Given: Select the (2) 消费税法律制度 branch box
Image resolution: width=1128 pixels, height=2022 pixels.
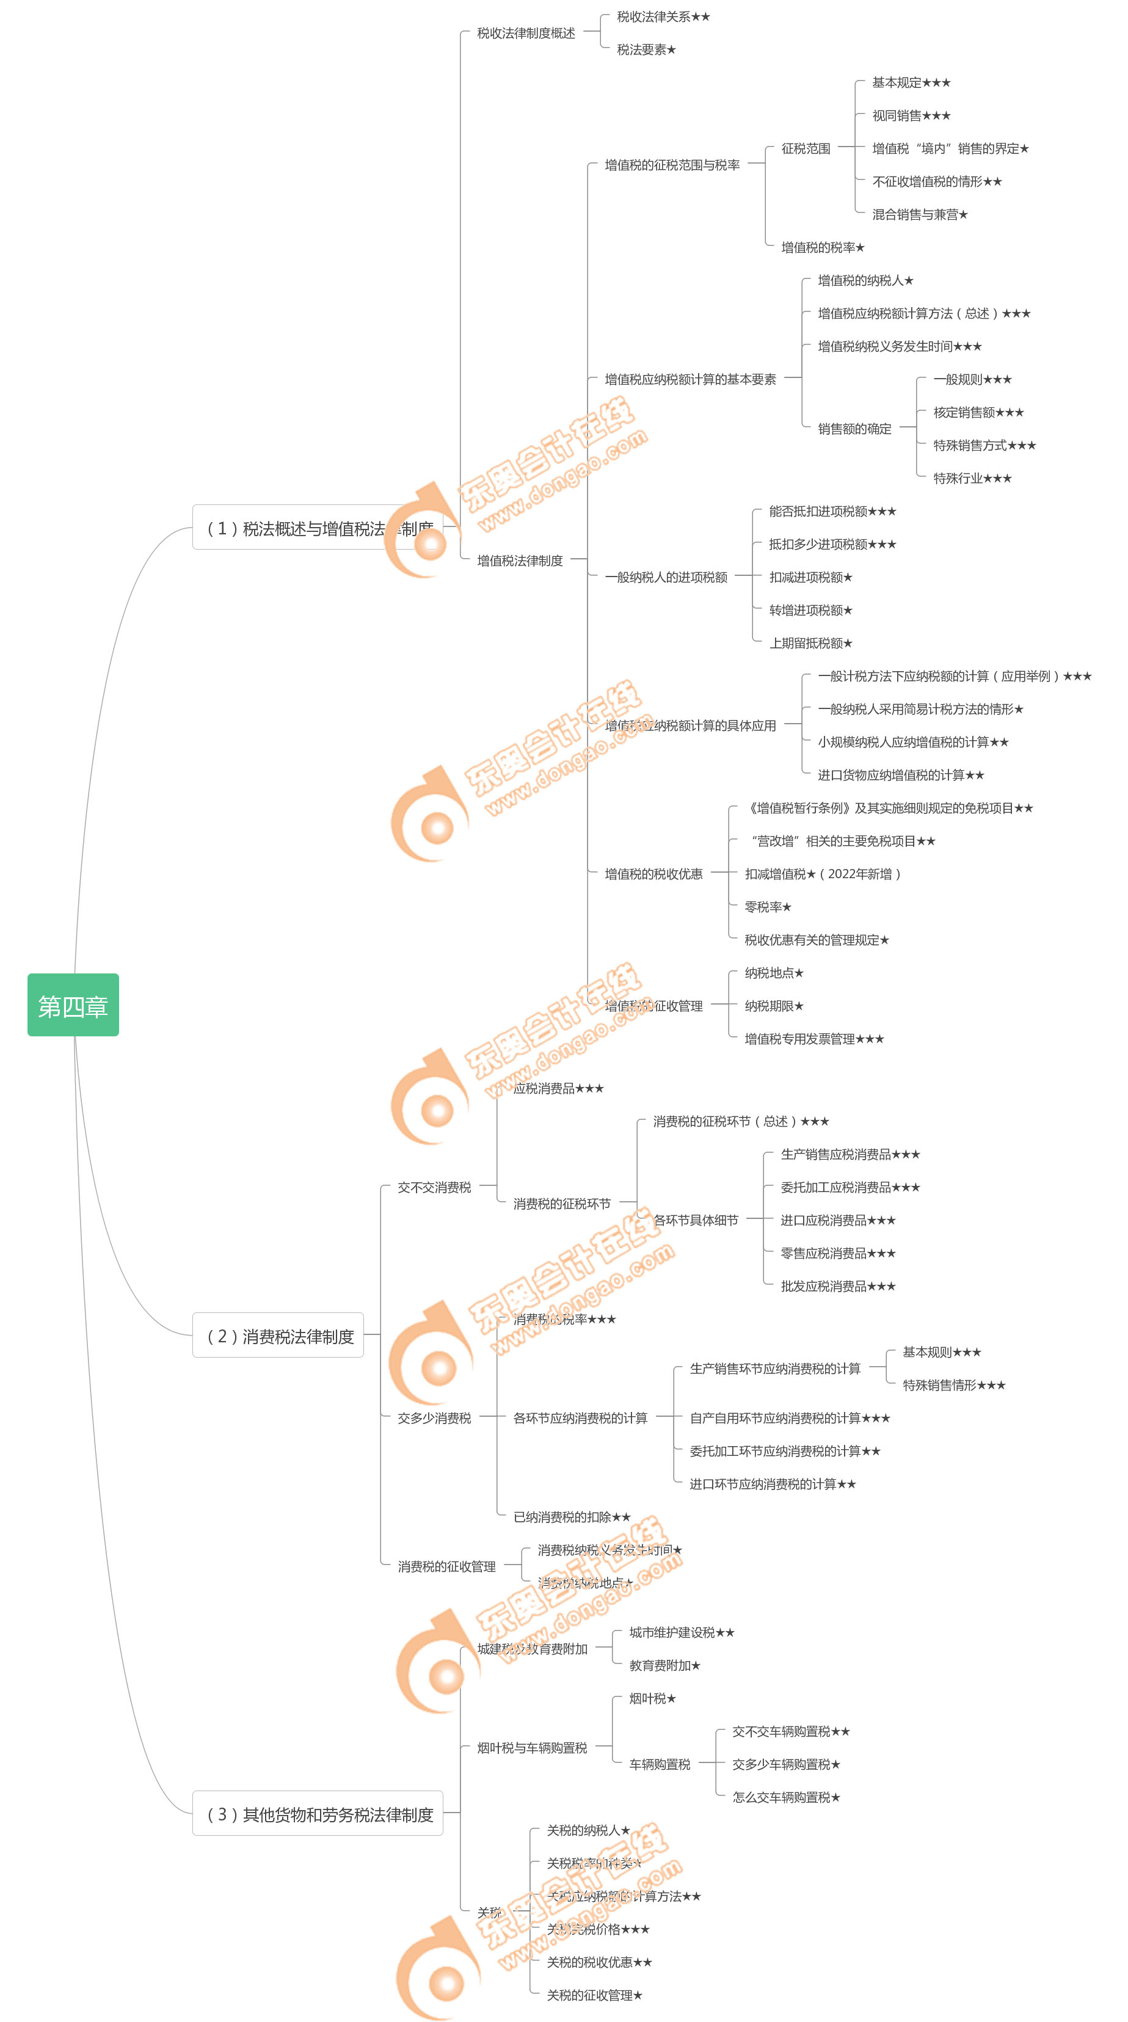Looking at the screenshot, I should [278, 1335].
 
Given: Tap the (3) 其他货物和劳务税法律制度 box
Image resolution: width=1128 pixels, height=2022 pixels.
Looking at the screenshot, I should [318, 1813].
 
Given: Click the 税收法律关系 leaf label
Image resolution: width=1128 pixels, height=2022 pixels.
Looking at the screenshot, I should [663, 16].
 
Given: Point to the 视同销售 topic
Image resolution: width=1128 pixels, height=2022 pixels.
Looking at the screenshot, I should [911, 115].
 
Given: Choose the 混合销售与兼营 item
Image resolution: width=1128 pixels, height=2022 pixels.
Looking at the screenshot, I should [919, 214].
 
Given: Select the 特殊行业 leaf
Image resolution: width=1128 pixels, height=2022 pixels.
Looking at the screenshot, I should [972, 478].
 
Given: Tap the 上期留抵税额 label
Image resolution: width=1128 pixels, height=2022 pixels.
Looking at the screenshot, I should [810, 643].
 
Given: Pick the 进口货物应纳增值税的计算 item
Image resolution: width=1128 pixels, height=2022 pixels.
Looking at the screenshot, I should [900, 775].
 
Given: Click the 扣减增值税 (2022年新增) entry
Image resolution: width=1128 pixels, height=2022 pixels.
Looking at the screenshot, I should [822, 874].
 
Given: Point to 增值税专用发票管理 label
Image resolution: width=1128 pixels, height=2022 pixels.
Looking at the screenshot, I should [813, 1038].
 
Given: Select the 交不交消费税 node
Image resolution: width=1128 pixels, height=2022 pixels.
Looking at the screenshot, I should [434, 1187].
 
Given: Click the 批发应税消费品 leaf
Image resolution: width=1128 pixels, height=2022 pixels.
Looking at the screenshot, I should [837, 1286].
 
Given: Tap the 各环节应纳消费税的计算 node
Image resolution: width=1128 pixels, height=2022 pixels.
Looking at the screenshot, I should [580, 1417].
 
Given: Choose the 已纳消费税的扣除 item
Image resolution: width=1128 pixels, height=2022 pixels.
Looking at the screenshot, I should [572, 1516].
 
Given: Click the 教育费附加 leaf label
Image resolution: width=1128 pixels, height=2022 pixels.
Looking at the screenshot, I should [664, 1665].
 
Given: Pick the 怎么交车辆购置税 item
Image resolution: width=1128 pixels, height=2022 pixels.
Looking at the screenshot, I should [786, 1797].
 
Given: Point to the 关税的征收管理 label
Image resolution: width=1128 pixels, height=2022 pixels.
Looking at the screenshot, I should [594, 1995].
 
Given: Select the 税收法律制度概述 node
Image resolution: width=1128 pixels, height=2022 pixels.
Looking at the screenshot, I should [526, 33].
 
